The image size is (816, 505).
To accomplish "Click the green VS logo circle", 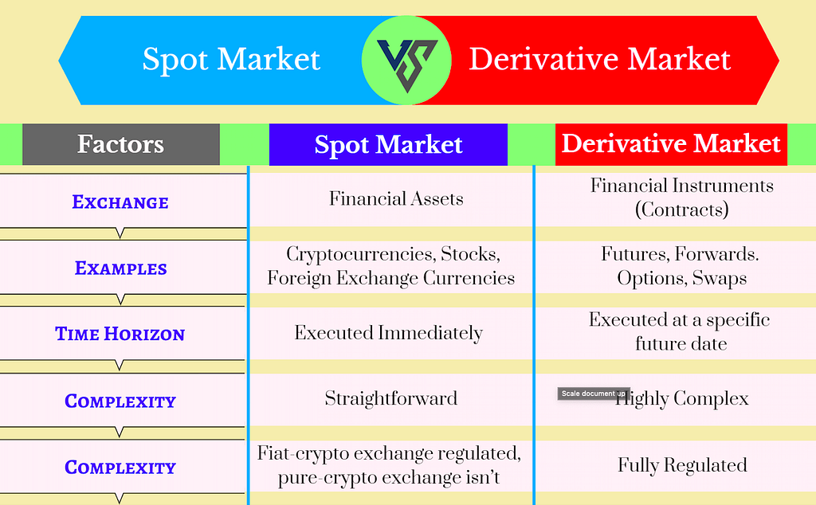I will click(x=406, y=60).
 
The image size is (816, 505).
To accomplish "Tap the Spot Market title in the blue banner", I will click(x=231, y=60).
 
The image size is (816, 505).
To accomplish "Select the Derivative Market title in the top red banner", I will click(x=599, y=60).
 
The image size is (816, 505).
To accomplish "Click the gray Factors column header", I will click(x=121, y=144).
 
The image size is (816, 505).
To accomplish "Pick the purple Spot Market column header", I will click(x=388, y=144).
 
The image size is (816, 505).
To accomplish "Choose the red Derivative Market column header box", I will click(x=671, y=144).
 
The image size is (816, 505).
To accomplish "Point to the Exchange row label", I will click(x=120, y=202).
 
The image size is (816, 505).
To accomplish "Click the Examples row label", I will click(x=120, y=268).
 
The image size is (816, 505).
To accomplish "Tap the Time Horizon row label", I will click(x=120, y=335).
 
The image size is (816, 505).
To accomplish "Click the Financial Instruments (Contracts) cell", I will click(x=681, y=198).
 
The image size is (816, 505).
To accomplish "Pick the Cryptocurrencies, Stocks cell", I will click(x=390, y=266).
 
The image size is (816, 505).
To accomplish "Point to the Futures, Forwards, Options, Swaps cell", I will click(x=681, y=266).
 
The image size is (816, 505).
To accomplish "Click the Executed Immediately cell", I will click(x=389, y=332).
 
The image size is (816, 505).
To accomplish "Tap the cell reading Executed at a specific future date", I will click(x=680, y=331).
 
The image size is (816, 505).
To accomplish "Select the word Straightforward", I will click(x=390, y=398).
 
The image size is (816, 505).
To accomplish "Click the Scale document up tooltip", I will click(x=593, y=393).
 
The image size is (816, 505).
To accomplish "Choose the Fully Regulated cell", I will click(x=682, y=465).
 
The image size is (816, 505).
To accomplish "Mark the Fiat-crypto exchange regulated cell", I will click(x=389, y=466).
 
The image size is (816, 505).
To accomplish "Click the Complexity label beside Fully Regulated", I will click(x=120, y=468).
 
